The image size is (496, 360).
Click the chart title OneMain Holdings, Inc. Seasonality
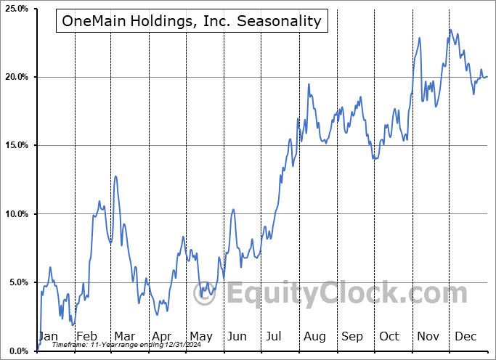tap(192, 20)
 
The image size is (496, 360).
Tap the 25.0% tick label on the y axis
tap(15, 9)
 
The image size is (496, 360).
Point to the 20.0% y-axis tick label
tap(15, 77)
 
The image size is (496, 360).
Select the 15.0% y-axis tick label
tap(15, 145)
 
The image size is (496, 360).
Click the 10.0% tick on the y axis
tap(15, 214)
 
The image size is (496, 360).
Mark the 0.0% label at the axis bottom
tap(17, 351)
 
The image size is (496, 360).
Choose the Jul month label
tap(275, 337)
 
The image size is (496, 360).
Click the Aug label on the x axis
tap(314, 337)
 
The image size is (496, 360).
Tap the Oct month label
tap(389, 337)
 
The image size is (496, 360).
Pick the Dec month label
tap(465, 337)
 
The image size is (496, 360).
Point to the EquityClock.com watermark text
tap(346, 294)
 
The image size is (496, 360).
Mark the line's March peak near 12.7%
tap(115, 176)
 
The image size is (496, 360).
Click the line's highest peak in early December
tap(450, 30)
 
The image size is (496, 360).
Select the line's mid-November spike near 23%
tap(420, 37)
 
